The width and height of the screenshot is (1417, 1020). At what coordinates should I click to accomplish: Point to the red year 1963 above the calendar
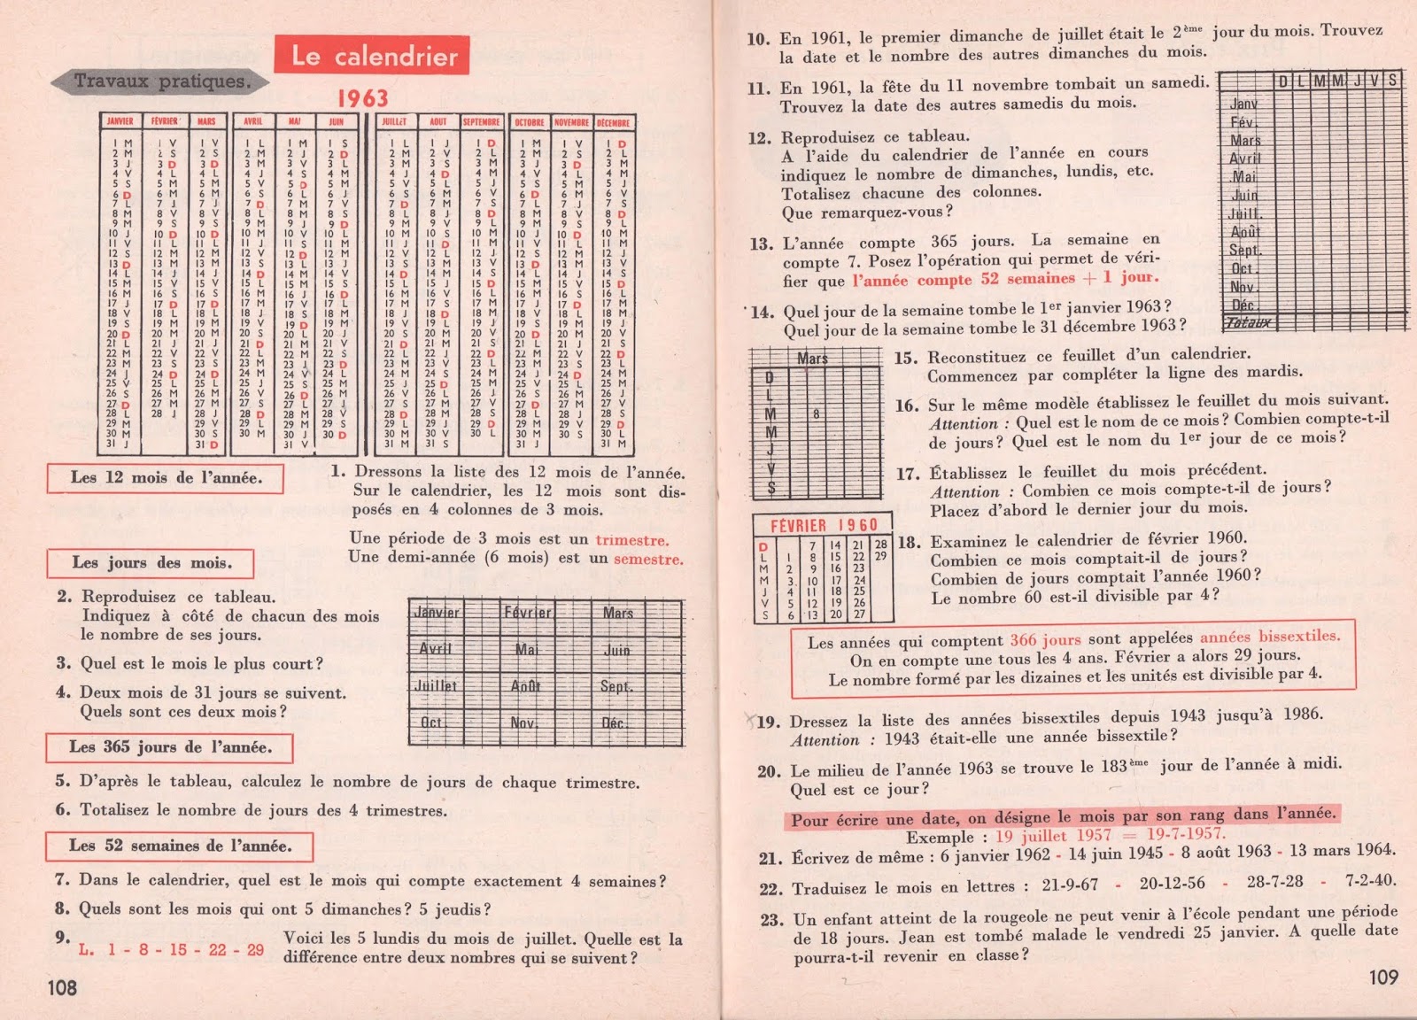362,98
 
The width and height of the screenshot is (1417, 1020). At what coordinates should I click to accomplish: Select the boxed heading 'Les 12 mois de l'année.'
166,478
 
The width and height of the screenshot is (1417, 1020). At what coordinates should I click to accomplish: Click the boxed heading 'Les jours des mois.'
151,563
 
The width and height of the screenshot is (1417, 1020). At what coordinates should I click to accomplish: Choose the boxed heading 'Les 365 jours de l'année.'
170,747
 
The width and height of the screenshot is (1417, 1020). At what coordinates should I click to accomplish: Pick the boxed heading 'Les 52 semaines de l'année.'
180,846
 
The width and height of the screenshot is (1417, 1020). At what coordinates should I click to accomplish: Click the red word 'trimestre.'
632,540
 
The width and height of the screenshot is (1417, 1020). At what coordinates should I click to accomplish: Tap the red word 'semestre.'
648,560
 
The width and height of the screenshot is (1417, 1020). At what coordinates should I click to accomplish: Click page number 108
63,987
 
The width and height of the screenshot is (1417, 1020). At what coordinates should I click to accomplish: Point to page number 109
1383,977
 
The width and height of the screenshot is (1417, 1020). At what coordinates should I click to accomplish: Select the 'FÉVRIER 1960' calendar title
824,525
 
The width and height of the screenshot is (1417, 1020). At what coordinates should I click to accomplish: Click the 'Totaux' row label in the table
1249,323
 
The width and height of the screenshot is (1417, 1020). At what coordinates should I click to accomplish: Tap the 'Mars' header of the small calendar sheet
812,359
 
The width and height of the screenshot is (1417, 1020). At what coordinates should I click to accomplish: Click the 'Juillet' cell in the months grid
436,685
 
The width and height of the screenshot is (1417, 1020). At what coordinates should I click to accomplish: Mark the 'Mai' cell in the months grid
527,649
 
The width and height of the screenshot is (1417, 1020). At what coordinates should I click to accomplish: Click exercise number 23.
770,920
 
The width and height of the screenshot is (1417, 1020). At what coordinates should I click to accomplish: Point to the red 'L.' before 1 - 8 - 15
86,950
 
